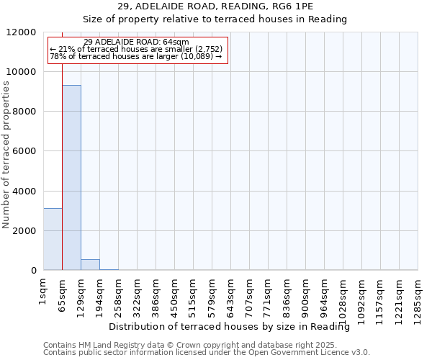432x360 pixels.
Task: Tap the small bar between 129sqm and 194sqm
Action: point(90,264)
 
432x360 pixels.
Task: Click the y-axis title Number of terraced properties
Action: point(6,155)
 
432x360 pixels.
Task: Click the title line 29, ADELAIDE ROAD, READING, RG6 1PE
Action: point(215,6)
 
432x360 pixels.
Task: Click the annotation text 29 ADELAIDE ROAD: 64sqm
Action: point(136,42)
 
